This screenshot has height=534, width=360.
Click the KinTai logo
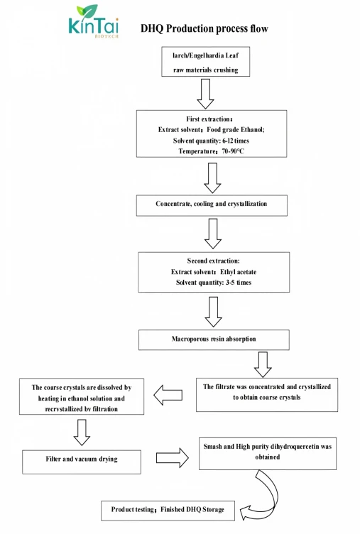tap(93, 21)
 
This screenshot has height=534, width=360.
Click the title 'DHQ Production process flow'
tap(204, 28)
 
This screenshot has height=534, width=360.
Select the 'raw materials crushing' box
tap(205, 62)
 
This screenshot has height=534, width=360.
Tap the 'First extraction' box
tap(212, 133)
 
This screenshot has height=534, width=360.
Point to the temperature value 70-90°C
tap(233, 151)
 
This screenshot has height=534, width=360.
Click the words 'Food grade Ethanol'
tap(235, 130)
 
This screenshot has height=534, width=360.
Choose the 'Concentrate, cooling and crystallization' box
tap(212, 205)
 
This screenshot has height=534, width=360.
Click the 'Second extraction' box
tap(214, 272)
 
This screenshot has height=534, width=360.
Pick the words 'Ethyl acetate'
tap(238, 272)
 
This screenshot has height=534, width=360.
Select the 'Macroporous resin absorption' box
tap(214, 339)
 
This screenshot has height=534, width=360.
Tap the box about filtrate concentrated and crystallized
tap(267, 395)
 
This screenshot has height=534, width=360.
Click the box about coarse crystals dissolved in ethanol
tap(82, 396)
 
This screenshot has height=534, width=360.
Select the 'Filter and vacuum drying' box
tap(82, 462)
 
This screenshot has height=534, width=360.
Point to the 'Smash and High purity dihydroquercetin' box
tap(268, 454)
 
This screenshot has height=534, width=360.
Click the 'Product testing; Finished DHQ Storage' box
tap(168, 511)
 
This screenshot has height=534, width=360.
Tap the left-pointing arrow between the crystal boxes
tap(168, 395)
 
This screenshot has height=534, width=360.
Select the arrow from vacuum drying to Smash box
tap(173, 458)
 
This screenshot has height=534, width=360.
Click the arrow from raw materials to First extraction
tap(205, 94)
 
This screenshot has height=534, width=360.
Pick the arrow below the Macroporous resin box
tap(263, 365)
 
